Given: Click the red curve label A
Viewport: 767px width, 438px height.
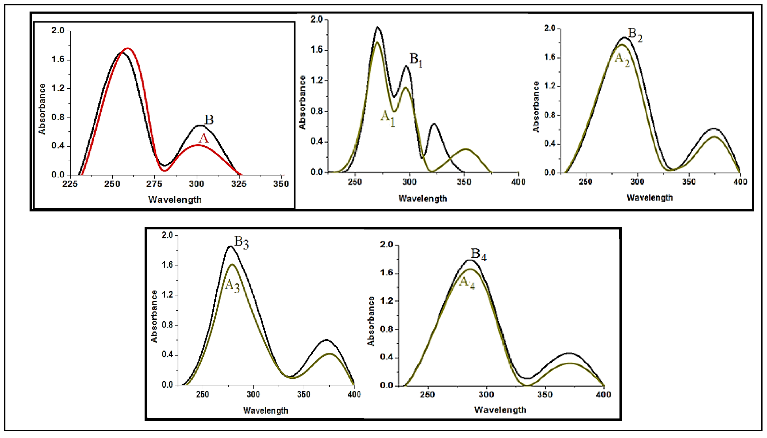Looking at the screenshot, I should (x=204, y=139).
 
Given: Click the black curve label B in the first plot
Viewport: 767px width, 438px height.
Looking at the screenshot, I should (x=209, y=120).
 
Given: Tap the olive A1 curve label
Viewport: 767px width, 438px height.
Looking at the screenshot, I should (x=388, y=118).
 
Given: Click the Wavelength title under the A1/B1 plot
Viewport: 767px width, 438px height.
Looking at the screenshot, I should (x=423, y=199).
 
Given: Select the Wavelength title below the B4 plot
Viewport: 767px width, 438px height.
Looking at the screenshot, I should (x=500, y=410).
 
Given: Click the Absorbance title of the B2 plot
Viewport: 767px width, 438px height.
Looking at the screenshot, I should (x=536, y=107).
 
